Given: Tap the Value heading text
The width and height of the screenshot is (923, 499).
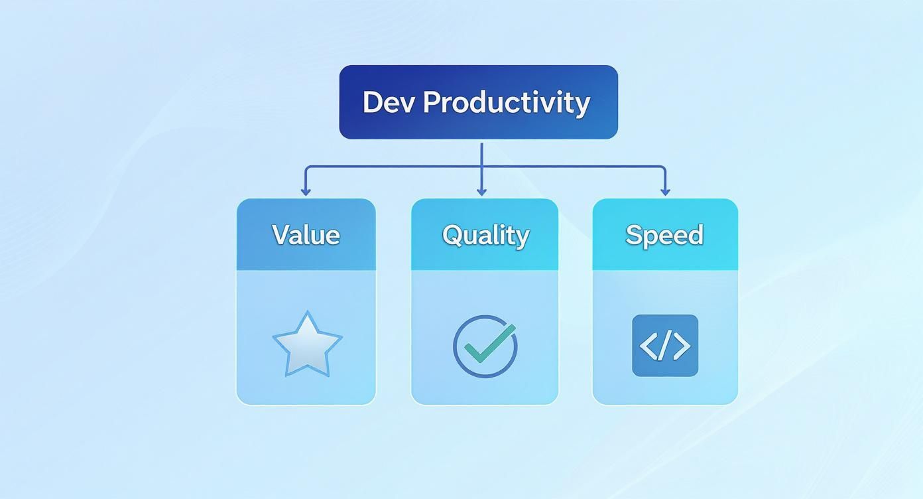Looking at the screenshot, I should tap(306, 235).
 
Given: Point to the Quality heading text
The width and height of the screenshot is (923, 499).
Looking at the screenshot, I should tap(485, 236).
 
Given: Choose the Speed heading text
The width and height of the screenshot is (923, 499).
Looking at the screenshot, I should tap(664, 235).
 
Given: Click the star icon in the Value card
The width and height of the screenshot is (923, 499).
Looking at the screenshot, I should tap(307, 344).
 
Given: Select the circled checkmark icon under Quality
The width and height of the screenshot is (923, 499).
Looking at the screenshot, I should tap(485, 346).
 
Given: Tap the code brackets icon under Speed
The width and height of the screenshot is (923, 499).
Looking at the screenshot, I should tap(665, 346).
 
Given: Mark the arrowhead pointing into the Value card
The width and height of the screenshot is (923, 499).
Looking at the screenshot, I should tap(306, 192).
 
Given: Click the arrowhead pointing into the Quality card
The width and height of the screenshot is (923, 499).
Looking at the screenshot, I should tap(481, 192).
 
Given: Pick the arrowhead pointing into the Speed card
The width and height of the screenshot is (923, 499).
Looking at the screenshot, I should tap(665, 192).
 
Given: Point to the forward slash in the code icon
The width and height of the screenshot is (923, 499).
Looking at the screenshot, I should tap(665, 346).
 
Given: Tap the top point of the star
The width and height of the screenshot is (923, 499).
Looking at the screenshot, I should tap(307, 313).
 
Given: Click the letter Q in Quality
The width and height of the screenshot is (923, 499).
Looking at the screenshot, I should tap(452, 236).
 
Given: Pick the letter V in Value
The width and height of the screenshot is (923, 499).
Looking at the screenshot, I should tap(281, 235).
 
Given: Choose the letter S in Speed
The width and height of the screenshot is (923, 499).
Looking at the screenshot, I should tap(634, 235).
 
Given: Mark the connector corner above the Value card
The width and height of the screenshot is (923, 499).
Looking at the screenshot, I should tap(306, 167).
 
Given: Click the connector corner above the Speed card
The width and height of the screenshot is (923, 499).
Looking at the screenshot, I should tap(664, 167).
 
